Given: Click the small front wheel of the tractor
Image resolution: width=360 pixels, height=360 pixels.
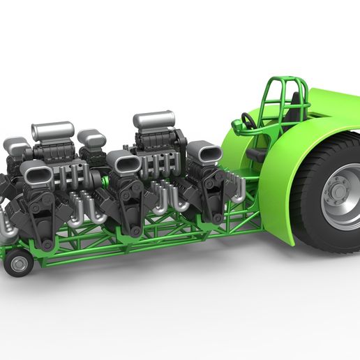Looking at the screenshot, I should click(x=17, y=264).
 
